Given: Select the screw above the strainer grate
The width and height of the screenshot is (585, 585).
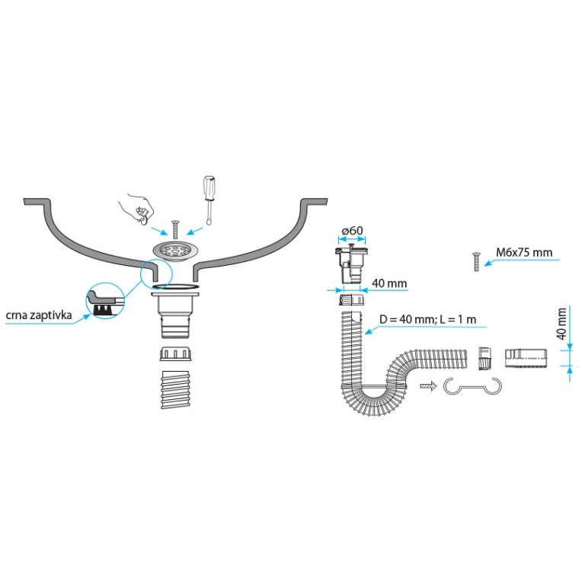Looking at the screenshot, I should tap(174, 227).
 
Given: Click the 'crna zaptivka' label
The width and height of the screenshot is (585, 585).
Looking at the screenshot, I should tap(39, 314).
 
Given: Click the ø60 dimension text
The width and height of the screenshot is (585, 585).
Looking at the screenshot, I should tap(350, 230).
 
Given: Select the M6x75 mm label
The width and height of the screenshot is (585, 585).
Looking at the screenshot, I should tap(524, 252).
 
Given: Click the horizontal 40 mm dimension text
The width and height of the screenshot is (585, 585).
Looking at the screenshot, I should tap(388, 284).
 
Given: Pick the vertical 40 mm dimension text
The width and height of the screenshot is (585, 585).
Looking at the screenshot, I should tap(561, 324).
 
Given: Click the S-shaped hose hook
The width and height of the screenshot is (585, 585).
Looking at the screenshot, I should tap(474, 388).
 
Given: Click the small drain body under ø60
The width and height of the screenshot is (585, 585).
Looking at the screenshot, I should tap(350, 264).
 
